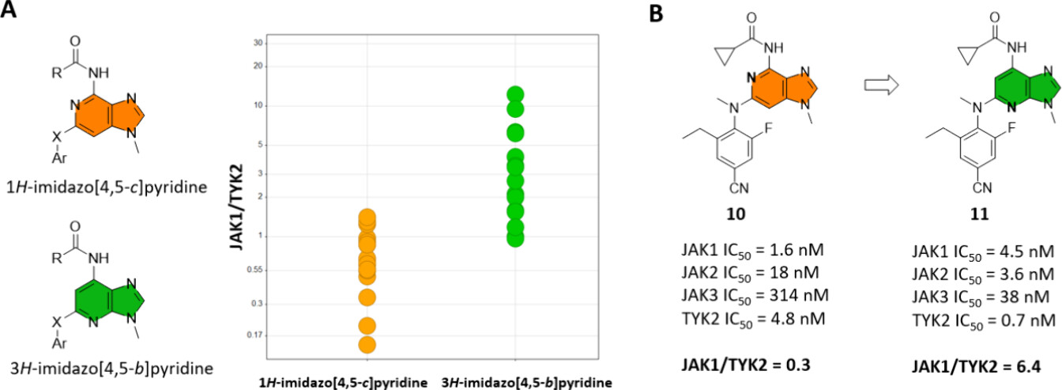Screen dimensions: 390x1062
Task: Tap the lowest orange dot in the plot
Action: tap(367, 344)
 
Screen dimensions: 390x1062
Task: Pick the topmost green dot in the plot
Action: tap(515, 95)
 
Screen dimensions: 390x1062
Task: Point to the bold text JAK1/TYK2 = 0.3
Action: tap(748, 365)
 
